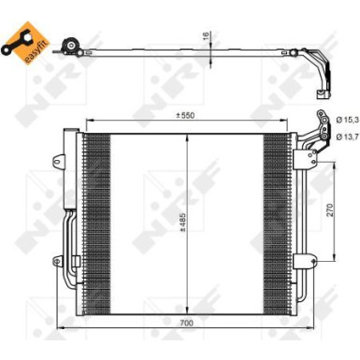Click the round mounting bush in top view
coord(67,48)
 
